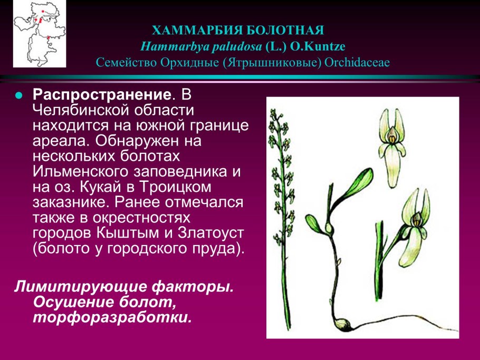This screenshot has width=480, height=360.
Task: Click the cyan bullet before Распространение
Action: click(18, 96)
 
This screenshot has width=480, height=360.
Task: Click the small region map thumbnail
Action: click(40, 34)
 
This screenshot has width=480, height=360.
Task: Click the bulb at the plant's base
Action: click(342, 324)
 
